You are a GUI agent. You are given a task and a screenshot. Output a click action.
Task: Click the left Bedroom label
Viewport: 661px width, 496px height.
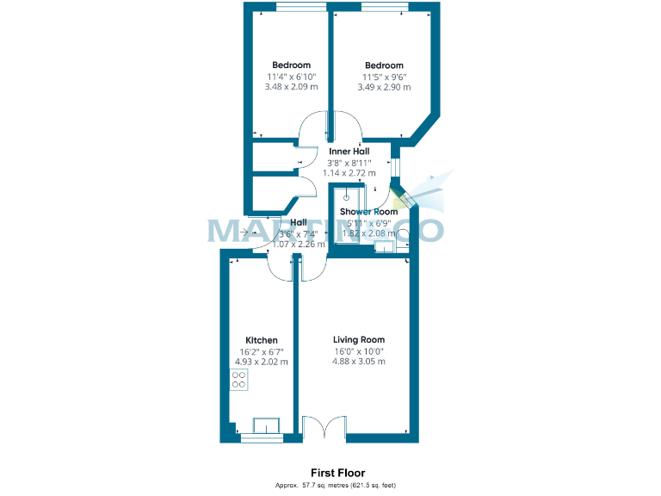point(291,65)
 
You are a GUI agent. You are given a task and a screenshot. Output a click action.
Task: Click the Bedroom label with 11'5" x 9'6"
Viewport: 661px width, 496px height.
point(384,65)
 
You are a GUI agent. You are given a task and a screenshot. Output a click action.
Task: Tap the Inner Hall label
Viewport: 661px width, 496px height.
point(349,152)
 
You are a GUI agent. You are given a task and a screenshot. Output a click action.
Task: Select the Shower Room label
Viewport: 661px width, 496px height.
point(368,212)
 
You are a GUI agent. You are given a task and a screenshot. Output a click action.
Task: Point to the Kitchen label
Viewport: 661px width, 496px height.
point(262,340)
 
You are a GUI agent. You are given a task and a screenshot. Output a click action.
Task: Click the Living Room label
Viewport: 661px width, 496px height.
point(360,339)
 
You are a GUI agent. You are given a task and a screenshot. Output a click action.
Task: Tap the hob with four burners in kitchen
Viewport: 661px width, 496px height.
point(239,380)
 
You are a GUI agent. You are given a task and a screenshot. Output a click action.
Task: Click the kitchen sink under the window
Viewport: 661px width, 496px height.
point(265,425)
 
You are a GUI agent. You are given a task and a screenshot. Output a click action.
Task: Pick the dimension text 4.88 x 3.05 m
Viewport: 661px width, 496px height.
point(360,362)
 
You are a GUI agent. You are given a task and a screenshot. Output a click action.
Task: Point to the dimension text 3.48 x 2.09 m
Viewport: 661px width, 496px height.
point(291,87)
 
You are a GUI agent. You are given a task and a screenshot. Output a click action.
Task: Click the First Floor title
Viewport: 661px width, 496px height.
point(337,473)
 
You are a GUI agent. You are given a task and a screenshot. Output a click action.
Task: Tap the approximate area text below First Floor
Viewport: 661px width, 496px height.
point(336,486)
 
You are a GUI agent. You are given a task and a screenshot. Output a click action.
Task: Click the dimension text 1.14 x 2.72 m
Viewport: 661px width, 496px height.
point(349,173)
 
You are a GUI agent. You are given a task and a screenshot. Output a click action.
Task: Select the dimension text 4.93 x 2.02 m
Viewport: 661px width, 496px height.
point(263,362)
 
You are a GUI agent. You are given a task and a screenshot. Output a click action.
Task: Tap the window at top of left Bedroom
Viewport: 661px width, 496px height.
point(300,9)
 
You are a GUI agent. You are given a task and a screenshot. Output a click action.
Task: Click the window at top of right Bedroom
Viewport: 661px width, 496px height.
point(384,9)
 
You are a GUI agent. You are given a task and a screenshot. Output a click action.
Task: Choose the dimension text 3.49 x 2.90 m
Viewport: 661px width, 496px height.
point(384,87)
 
